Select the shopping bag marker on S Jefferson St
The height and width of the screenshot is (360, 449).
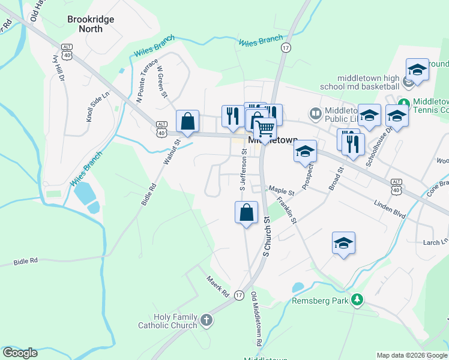[246, 212]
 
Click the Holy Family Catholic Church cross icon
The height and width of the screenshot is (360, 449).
[206, 320]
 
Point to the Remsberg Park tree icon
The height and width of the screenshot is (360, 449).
[357, 299]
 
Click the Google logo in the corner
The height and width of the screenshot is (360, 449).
[20, 353]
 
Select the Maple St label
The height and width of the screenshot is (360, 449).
[281, 191]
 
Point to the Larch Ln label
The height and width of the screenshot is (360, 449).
[435, 242]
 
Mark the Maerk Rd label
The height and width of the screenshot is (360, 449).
[218, 286]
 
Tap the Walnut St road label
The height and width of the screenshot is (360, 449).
[172, 152]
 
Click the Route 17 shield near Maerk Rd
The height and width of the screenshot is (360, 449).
[239, 295]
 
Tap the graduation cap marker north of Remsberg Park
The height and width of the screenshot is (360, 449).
[343, 243]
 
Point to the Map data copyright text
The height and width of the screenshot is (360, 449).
[411, 355]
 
